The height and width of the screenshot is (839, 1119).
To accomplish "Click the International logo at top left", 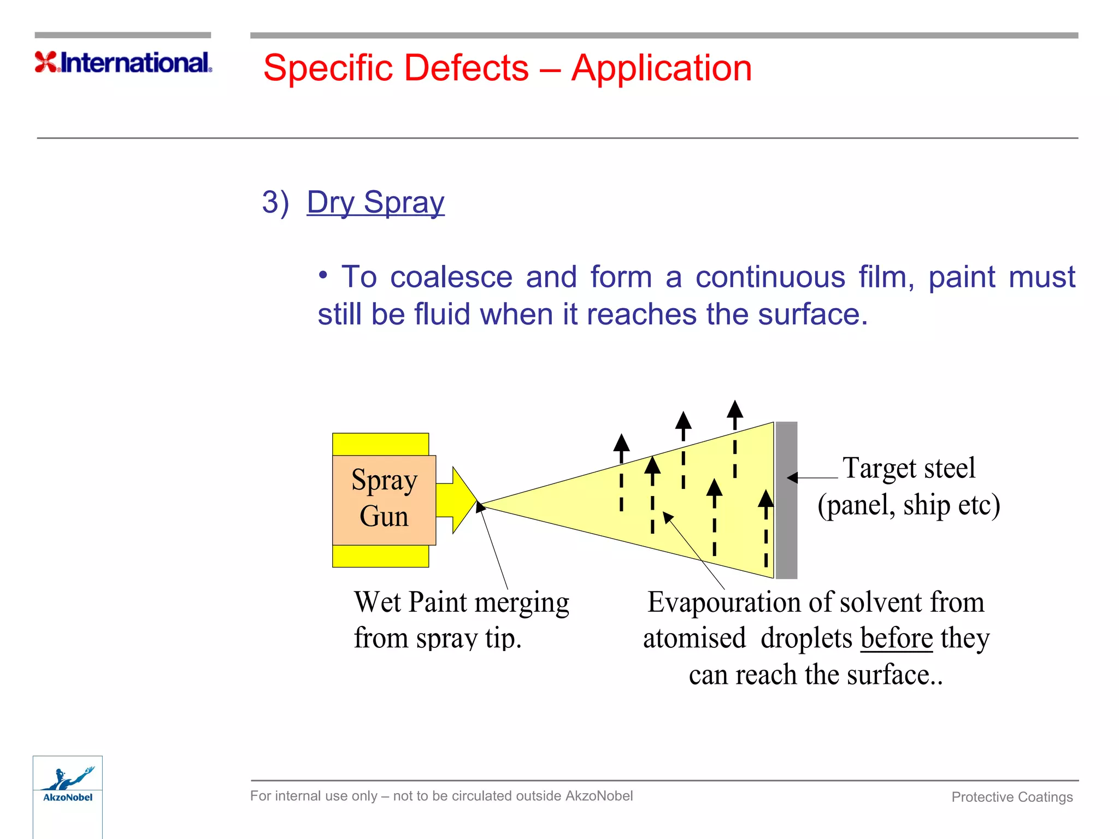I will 123,62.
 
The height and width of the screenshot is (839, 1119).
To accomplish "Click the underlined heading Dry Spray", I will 375,202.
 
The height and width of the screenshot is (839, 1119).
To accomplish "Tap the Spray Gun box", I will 384,499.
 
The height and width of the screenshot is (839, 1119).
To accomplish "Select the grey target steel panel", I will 786,500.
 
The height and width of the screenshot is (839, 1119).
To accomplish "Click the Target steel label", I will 908,468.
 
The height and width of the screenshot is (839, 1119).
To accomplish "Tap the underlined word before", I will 896,638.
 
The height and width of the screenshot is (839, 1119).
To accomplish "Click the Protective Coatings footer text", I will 1012,797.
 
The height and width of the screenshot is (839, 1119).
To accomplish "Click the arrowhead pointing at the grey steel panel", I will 792,478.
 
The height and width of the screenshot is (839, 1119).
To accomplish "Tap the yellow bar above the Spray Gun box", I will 380,444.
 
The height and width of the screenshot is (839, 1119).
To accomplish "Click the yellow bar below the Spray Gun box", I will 380,556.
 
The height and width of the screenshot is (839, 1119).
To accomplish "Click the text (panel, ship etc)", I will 908,505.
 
